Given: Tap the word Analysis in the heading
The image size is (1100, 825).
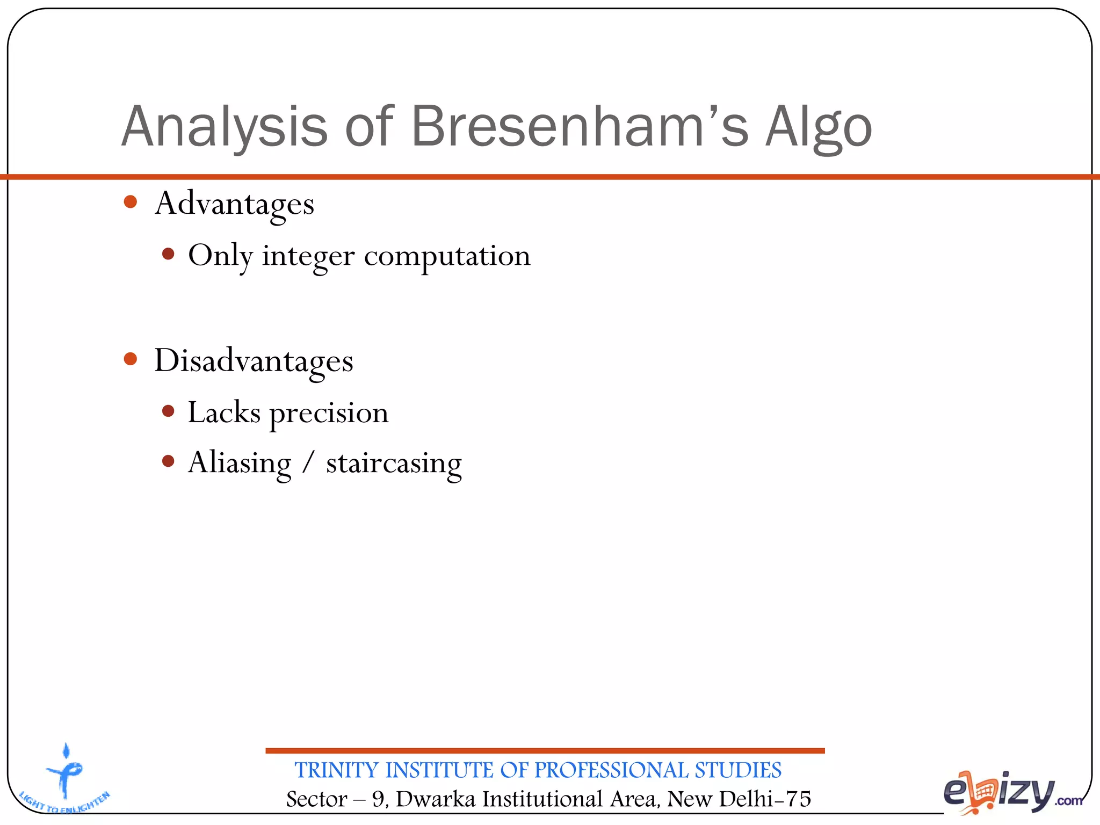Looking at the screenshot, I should [225, 127].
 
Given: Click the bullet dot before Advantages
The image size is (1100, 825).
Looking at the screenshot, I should [131, 202].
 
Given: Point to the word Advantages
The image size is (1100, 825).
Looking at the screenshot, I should [234, 204].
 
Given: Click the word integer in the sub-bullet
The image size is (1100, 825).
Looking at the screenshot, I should [308, 256].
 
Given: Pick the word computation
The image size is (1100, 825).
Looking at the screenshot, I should [447, 256].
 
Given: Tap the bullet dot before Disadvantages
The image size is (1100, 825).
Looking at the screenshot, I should [131, 359].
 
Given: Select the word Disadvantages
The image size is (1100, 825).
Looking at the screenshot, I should [254, 361].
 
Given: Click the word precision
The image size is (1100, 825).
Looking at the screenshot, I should [329, 414].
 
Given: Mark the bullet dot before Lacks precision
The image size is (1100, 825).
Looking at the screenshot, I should [168, 411].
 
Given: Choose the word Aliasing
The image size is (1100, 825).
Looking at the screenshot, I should [240, 463].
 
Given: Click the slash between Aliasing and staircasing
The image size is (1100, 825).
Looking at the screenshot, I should [308, 462].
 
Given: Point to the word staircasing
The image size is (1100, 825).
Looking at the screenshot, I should [394, 463].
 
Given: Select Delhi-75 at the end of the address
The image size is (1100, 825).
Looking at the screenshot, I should [764, 799].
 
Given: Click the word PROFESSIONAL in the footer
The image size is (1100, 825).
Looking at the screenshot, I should [611, 770].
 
